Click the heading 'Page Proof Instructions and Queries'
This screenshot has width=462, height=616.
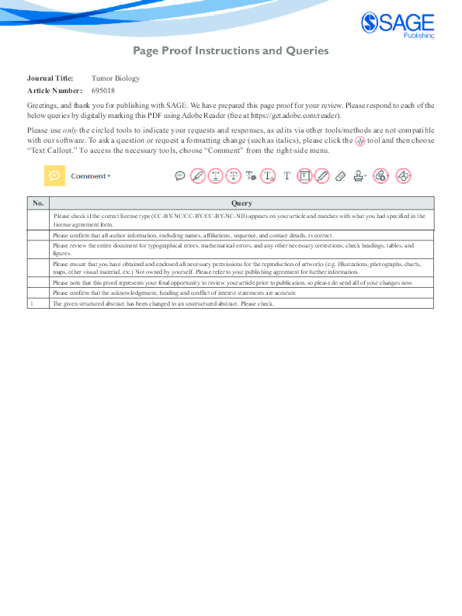click(x=231, y=51)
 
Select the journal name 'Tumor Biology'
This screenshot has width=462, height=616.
click(x=115, y=78)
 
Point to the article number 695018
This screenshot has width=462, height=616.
click(x=102, y=91)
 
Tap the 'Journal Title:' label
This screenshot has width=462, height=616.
click(x=50, y=78)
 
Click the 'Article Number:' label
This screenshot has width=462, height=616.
click(x=54, y=91)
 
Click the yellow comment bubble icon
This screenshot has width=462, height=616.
click(x=54, y=176)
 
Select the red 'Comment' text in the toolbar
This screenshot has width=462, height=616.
click(x=89, y=176)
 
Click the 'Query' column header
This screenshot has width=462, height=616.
click(x=241, y=202)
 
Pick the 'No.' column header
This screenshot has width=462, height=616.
click(x=38, y=202)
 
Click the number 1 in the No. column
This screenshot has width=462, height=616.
click(x=31, y=304)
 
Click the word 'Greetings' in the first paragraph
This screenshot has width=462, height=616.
click(x=43, y=104)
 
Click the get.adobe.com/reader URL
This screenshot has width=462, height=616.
click(x=297, y=113)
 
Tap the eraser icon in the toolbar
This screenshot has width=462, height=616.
click(x=339, y=176)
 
